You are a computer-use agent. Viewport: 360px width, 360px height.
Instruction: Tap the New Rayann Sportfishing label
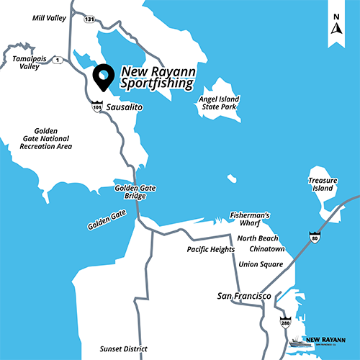(157, 78)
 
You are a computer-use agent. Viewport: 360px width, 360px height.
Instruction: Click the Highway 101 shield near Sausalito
(97, 107)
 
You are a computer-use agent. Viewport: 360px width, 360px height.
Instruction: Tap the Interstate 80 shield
(315, 236)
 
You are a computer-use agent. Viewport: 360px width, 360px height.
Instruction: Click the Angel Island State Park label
(220, 103)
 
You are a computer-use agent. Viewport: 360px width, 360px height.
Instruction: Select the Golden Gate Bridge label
(135, 192)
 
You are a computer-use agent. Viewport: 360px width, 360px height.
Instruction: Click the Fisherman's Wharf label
(248, 219)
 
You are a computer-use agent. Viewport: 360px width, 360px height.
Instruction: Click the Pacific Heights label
(210, 250)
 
